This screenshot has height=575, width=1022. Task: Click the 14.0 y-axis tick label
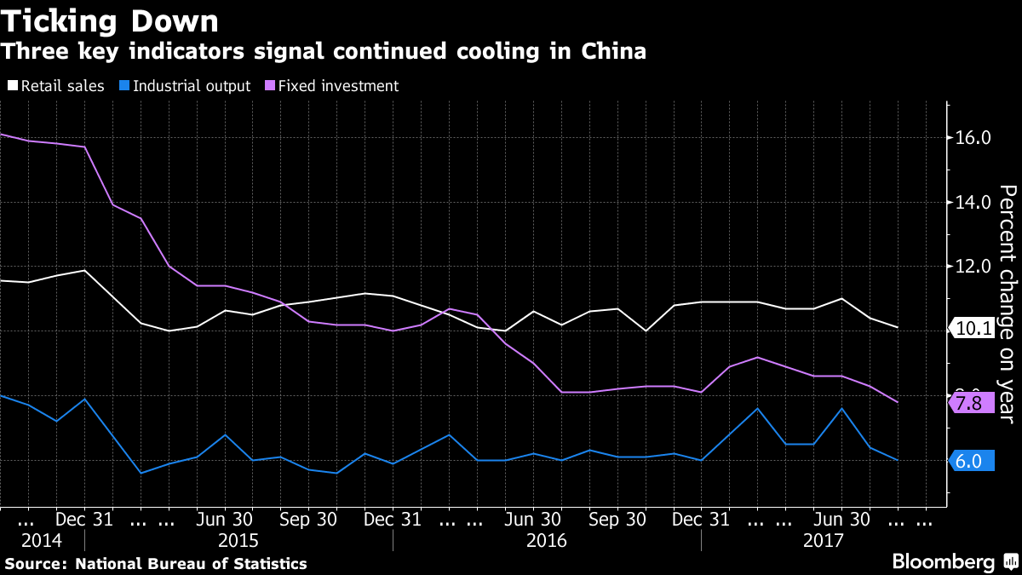(973, 203)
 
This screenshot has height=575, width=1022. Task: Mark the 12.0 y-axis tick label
(973, 267)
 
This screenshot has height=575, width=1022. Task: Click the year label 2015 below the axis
(238, 540)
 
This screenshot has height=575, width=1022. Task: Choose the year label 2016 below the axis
(547, 540)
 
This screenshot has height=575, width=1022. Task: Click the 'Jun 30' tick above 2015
(225, 519)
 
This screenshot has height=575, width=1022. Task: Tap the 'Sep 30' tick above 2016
(617, 519)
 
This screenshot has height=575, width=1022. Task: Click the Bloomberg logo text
(943, 562)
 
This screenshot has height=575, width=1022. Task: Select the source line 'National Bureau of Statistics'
(191, 563)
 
